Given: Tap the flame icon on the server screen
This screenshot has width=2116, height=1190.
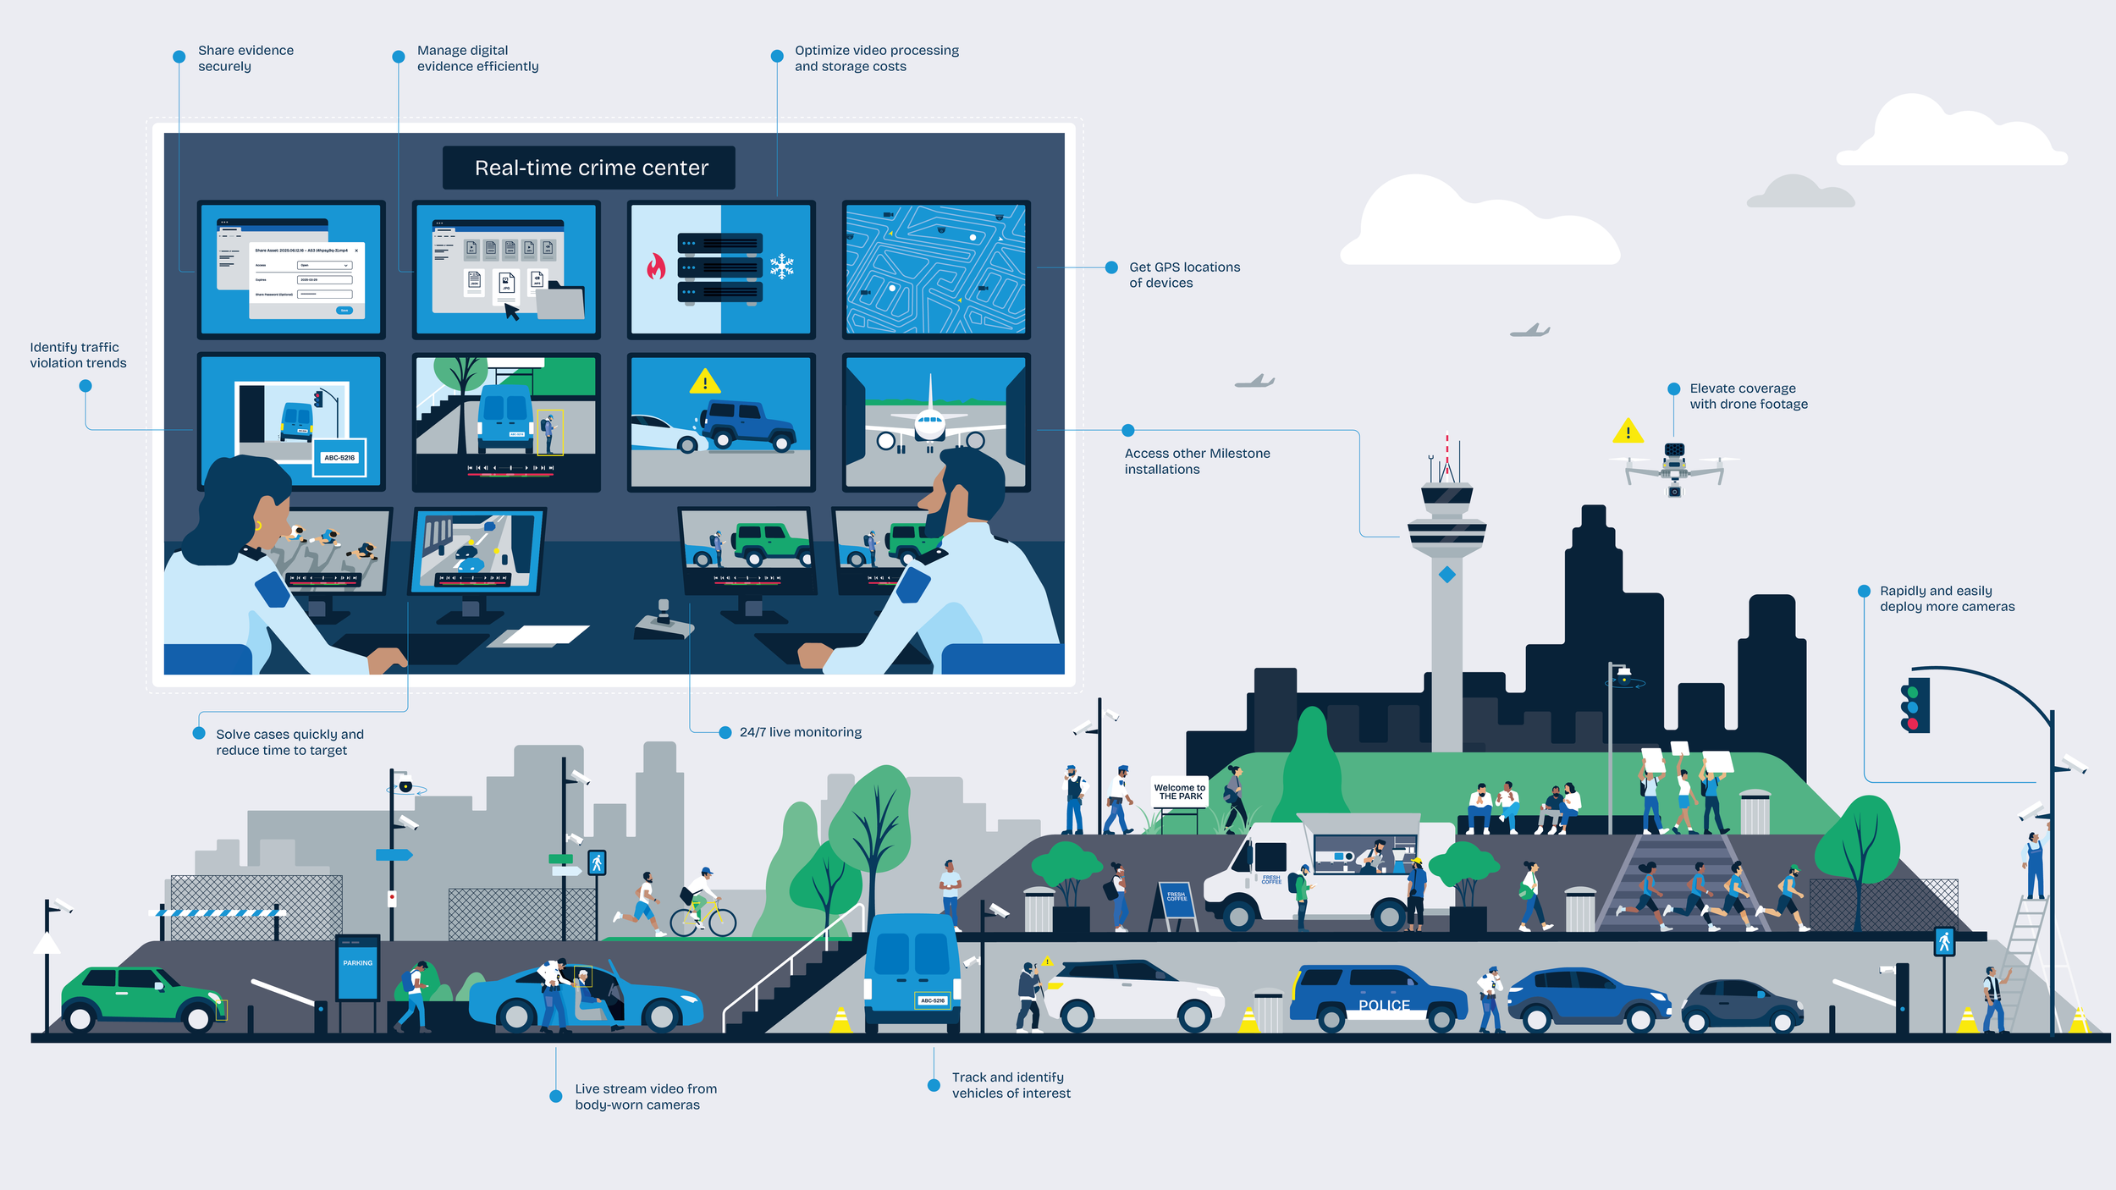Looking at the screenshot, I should pyautogui.click(x=656, y=267).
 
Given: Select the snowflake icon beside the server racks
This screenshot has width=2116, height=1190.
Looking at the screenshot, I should pyautogui.click(x=781, y=267).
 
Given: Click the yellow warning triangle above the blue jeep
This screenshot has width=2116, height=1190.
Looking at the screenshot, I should pyautogui.click(x=704, y=383).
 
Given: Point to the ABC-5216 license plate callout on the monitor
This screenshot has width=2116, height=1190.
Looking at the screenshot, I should pyautogui.click(x=339, y=457).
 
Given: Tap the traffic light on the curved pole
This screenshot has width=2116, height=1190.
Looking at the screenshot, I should pyautogui.click(x=1915, y=704).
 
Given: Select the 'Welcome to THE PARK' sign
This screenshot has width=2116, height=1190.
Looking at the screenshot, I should pyautogui.click(x=1179, y=791).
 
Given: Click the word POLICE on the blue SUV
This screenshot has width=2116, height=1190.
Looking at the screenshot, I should pyautogui.click(x=1384, y=1005).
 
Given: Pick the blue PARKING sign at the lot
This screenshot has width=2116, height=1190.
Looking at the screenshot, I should pyautogui.click(x=357, y=969).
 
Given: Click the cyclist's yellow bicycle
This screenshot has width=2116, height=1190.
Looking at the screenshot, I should pyautogui.click(x=703, y=917).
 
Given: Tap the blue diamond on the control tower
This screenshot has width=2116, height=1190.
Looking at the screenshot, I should pyautogui.click(x=1447, y=575).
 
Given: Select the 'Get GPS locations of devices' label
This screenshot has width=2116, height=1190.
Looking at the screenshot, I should pyautogui.click(x=1183, y=275).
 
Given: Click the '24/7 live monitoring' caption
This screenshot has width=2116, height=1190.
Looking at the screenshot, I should pyautogui.click(x=800, y=732).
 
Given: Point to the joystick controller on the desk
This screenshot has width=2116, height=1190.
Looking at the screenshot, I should pyautogui.click(x=664, y=620).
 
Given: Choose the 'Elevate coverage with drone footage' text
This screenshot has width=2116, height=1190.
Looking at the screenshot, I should pyautogui.click(x=1748, y=396).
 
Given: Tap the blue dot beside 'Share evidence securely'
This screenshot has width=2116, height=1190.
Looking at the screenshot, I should pyautogui.click(x=179, y=57).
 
